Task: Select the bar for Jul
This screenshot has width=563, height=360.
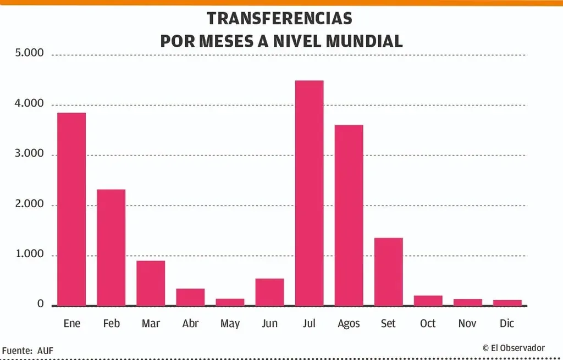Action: (x=309, y=193)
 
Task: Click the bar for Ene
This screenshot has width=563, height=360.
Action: (x=71, y=209)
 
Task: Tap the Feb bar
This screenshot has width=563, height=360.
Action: (x=111, y=247)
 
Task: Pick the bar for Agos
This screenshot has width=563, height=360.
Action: (x=349, y=215)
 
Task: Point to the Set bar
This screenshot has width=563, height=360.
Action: (x=388, y=272)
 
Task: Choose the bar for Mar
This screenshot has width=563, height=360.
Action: (x=151, y=283)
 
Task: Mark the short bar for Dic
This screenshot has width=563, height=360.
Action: (x=507, y=303)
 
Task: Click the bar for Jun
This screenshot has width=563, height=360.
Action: (x=269, y=292)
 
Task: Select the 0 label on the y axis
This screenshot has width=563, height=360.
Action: (x=40, y=304)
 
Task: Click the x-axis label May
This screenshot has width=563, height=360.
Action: (x=230, y=324)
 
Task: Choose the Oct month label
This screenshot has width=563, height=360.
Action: (x=428, y=323)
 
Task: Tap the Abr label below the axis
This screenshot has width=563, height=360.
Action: (x=190, y=323)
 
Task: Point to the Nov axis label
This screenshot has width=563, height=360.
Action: (x=467, y=323)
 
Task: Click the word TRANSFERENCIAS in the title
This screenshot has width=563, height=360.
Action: (x=279, y=18)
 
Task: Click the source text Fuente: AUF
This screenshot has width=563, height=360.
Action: (x=27, y=350)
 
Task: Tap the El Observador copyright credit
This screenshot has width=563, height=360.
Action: (x=514, y=348)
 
